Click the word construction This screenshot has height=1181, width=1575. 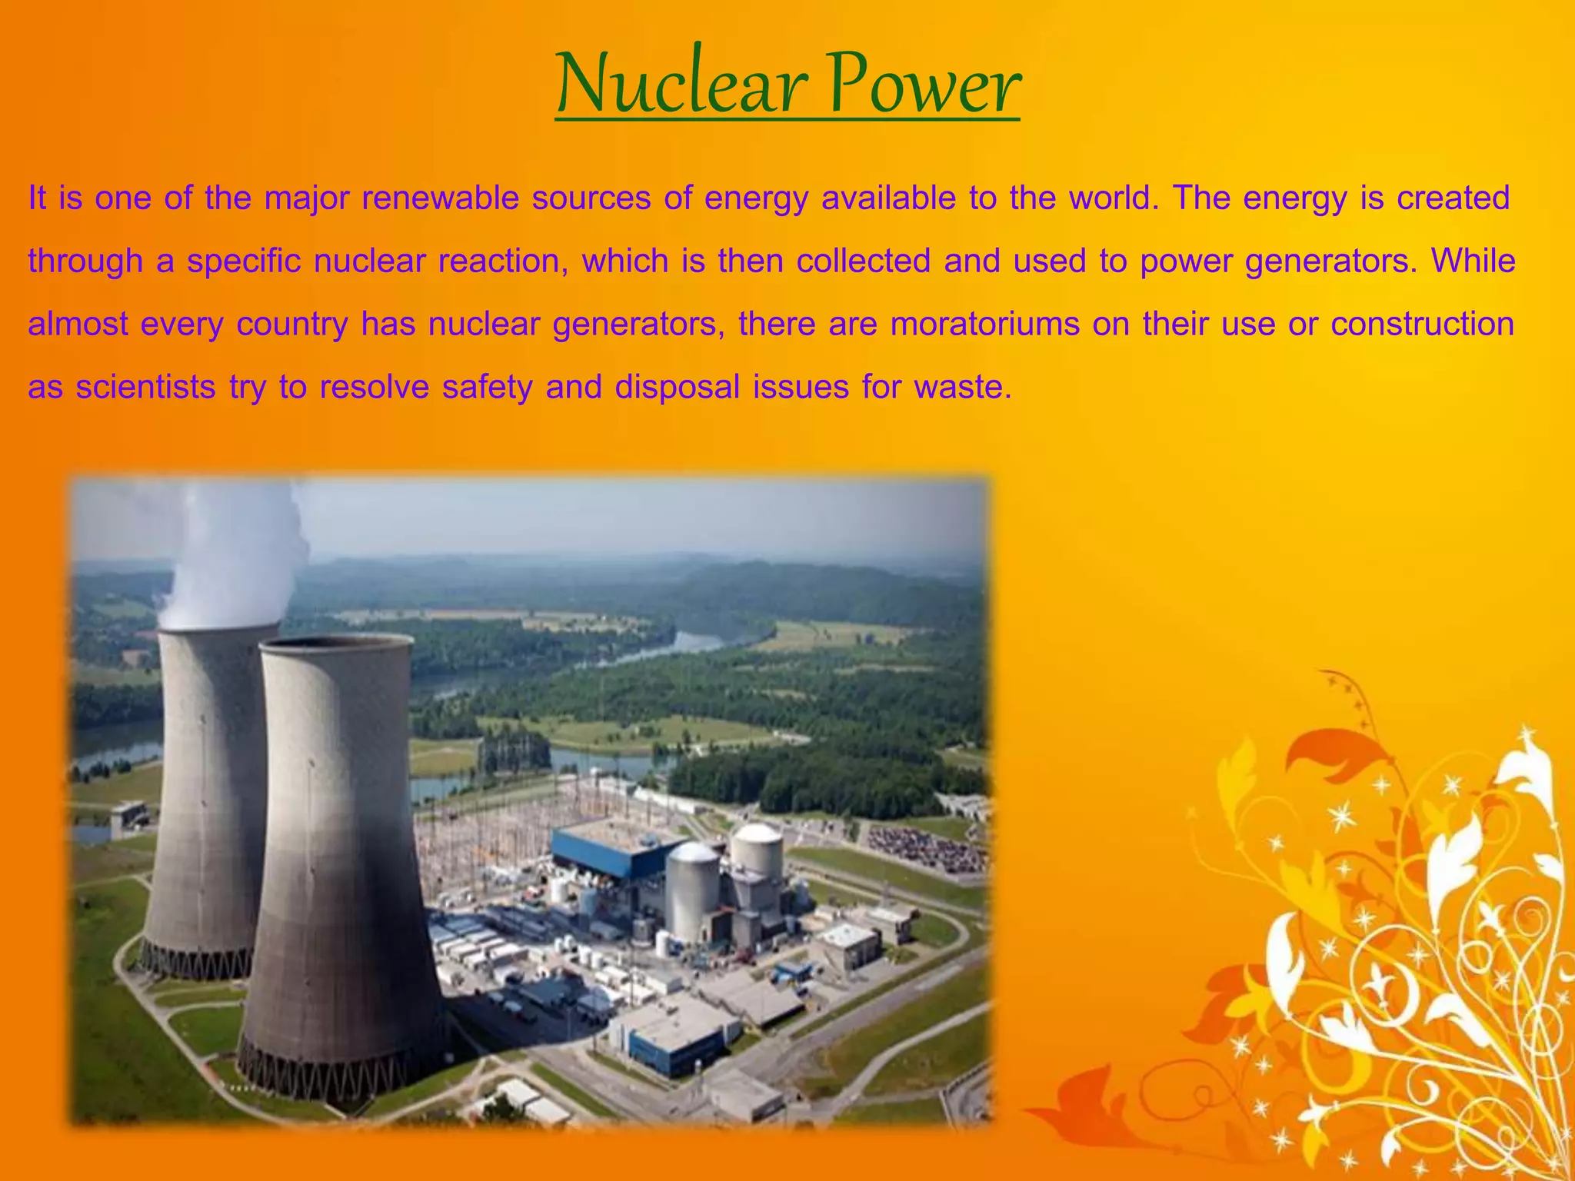[x=1422, y=324]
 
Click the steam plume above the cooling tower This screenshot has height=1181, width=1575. [x=231, y=554]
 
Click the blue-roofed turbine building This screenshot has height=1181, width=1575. [x=608, y=850]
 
